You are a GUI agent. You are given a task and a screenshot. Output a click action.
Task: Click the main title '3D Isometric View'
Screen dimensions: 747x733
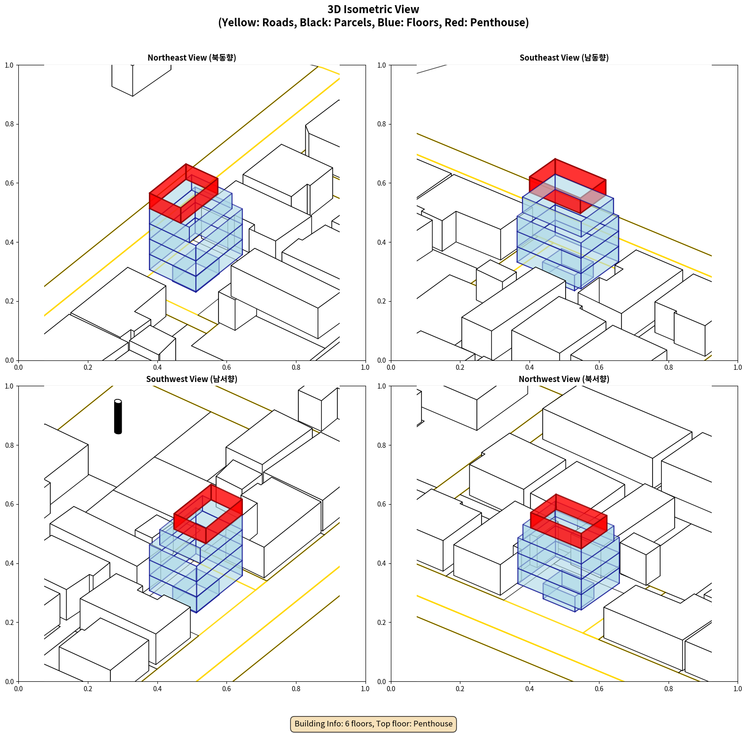[x=373, y=9]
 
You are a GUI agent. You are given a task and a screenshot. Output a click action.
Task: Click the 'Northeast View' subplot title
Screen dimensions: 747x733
[x=192, y=57]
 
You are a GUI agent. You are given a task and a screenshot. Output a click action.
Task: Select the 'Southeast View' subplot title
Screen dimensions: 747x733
[x=564, y=57]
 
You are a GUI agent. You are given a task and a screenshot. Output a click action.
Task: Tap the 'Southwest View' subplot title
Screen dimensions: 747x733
[x=192, y=379]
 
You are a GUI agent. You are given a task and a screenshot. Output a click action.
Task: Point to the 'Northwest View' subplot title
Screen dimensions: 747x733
[x=564, y=379]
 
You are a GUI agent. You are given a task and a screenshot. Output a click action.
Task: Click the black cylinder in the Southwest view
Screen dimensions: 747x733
[x=118, y=417]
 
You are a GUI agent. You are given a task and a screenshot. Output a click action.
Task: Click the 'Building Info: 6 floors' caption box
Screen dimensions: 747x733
[x=373, y=724]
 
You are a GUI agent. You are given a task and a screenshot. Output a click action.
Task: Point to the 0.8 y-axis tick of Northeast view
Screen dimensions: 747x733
[x=9, y=124]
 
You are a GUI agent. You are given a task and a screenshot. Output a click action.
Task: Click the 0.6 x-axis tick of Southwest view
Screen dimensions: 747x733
[x=226, y=689]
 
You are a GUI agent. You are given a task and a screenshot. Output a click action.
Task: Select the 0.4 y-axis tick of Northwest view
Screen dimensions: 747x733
[x=382, y=563]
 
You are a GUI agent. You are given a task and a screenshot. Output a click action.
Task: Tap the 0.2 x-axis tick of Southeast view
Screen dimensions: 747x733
[x=460, y=367]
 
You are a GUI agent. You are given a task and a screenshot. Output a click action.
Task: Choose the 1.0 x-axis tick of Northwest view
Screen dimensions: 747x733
[x=738, y=689]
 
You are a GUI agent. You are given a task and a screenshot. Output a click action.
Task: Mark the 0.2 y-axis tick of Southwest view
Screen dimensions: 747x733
[x=9, y=622]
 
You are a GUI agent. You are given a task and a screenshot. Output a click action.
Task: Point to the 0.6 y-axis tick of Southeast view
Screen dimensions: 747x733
[x=382, y=183]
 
